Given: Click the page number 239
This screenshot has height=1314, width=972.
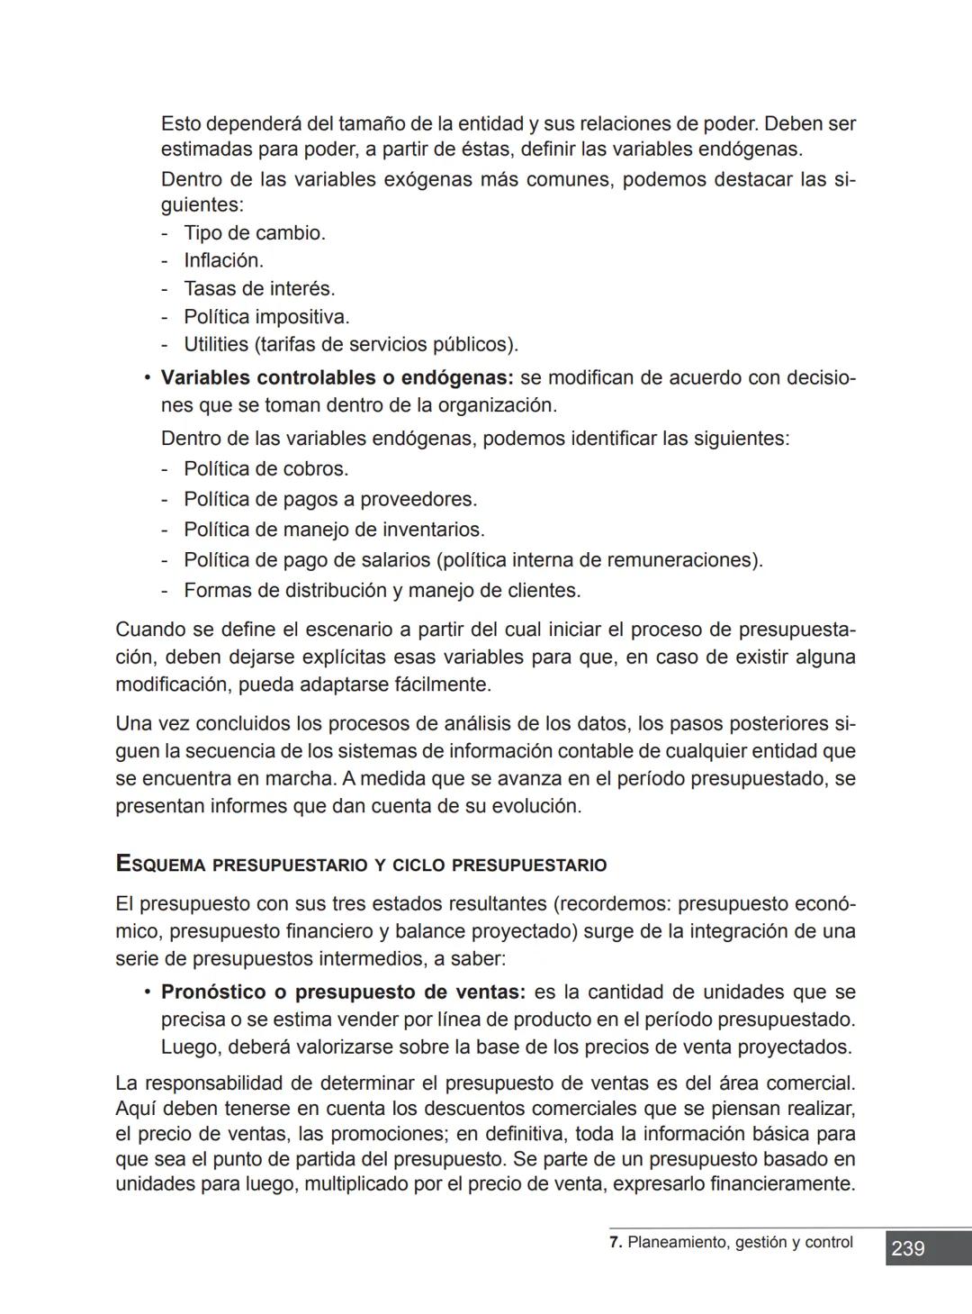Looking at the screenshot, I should [x=908, y=1248].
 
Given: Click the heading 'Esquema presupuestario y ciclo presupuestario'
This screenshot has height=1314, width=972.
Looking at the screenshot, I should [x=361, y=865].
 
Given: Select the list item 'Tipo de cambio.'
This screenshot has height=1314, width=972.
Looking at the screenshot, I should [x=255, y=233].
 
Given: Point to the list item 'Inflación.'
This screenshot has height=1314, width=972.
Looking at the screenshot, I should [x=223, y=261].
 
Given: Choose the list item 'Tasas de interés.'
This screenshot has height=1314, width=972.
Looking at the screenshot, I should [x=259, y=289].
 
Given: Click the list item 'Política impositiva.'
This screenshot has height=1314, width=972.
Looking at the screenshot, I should [x=266, y=317].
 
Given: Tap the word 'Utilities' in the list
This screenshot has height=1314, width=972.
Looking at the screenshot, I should [x=215, y=345].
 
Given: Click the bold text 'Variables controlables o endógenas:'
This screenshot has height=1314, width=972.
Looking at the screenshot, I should [x=337, y=377].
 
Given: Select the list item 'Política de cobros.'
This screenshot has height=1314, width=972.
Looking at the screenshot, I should [x=265, y=469].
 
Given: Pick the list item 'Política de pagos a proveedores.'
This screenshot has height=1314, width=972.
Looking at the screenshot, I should [x=330, y=499].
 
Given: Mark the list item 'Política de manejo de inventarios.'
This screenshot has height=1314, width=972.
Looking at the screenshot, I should [x=334, y=530].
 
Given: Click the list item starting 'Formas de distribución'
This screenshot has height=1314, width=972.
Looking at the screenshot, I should [x=382, y=591].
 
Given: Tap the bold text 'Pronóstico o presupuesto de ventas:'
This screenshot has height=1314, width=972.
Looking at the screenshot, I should [x=343, y=992].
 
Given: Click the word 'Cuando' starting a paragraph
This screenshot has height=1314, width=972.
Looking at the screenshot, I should [x=150, y=630].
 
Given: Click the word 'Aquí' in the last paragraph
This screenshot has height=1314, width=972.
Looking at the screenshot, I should [x=136, y=1108].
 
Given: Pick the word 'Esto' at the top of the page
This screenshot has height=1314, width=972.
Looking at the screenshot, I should [x=181, y=123].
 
